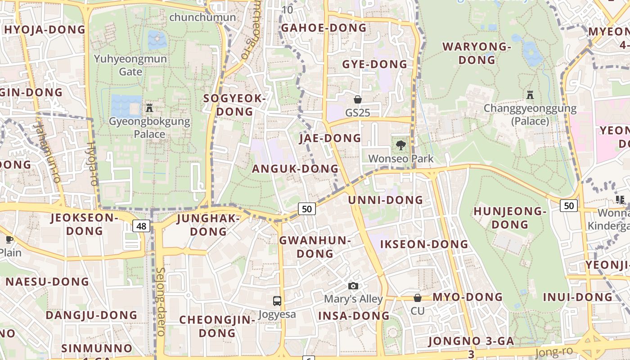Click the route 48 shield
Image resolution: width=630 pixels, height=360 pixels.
(x=141, y=226)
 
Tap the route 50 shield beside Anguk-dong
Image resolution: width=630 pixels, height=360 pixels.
(x=306, y=209)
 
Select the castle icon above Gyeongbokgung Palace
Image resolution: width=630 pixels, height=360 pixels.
(x=149, y=108)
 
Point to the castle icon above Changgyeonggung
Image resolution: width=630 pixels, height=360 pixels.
(x=530, y=95)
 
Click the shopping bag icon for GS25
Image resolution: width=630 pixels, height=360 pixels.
(x=358, y=99)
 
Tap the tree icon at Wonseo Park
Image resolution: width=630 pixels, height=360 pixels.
(x=400, y=145)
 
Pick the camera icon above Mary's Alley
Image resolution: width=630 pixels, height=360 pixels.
(x=353, y=286)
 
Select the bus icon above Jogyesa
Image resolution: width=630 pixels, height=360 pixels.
(x=277, y=301)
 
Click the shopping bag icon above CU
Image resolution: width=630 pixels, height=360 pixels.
(x=418, y=298)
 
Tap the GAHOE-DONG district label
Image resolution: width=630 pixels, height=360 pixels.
(x=324, y=28)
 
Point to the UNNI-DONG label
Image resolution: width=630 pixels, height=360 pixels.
(x=386, y=200)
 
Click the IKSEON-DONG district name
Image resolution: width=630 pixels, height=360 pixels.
(x=424, y=244)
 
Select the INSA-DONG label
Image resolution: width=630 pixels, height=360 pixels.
(x=354, y=316)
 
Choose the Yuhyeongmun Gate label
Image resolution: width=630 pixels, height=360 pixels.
(x=130, y=65)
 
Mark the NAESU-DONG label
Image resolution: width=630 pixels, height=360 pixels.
(x=47, y=282)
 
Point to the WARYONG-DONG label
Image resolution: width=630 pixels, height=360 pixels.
(x=477, y=53)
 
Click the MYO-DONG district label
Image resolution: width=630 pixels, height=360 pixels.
(x=468, y=297)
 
